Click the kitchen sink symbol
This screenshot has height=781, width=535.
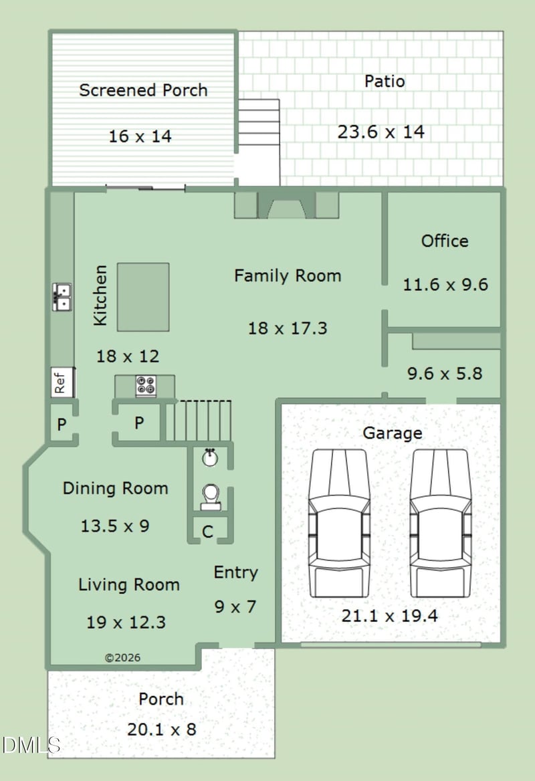[62, 297]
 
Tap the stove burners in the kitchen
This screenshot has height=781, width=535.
[146, 386]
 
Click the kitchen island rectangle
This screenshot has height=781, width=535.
[143, 297]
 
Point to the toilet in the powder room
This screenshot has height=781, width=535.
[211, 497]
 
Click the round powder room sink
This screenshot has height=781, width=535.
[210, 457]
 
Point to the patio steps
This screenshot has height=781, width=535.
[259, 122]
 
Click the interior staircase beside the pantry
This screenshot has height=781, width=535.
[198, 421]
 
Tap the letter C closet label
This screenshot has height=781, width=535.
[208, 532]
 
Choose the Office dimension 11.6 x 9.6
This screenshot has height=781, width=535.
[445, 284]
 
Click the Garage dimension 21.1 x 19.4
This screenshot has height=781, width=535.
[389, 616]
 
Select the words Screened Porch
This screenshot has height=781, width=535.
[144, 90]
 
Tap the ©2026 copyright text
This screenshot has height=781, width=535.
[122, 657]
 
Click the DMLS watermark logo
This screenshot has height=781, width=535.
[31, 745]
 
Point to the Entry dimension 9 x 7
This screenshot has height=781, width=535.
[235, 606]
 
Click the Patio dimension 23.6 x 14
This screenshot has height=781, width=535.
[381, 132]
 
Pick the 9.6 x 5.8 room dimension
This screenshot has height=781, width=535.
[445, 374]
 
